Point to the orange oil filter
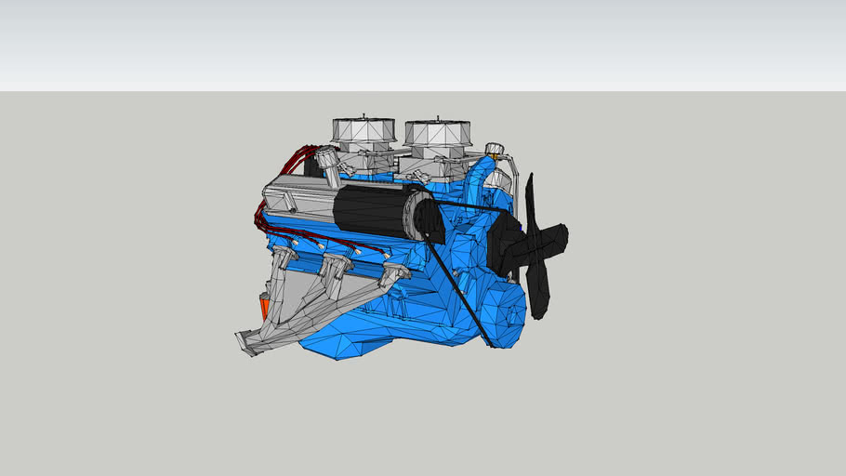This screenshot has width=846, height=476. pos(263,306)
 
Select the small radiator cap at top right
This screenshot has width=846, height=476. pos(494,149)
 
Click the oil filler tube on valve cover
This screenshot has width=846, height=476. pos(327,168)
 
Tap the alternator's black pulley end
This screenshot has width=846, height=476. pos(429,219)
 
